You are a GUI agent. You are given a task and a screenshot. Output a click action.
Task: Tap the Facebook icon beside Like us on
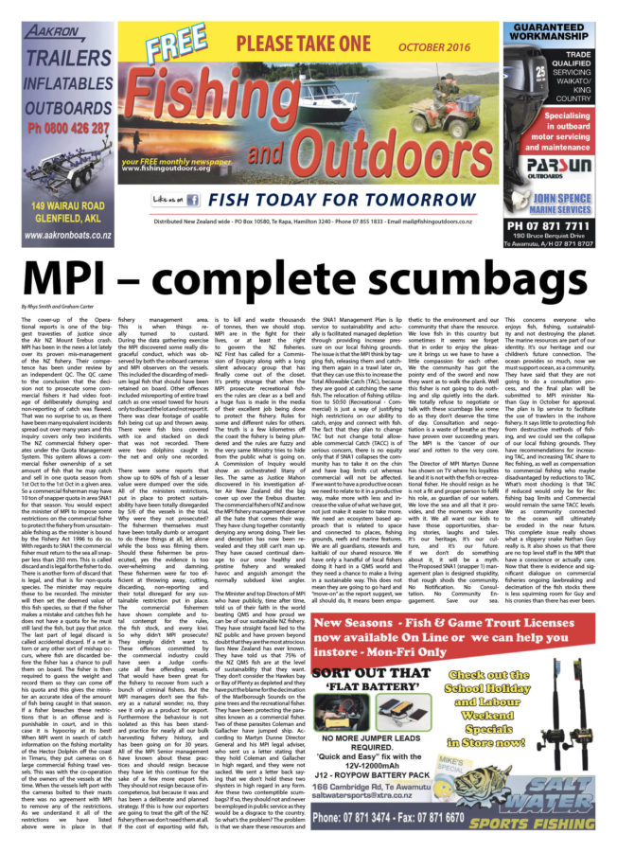192,200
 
